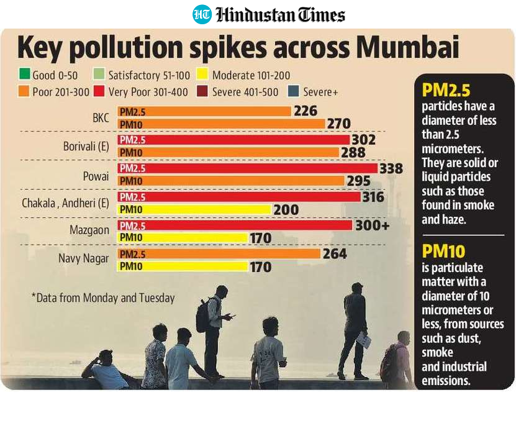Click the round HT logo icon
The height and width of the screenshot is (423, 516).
pos(202,14)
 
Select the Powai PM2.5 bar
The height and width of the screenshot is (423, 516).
pos(248,168)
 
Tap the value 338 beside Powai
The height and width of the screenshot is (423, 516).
pos(391,168)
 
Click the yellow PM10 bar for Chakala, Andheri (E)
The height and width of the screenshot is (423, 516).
pos(194,209)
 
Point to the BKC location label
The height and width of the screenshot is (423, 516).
pos(101,117)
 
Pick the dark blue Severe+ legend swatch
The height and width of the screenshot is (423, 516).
pos(294,91)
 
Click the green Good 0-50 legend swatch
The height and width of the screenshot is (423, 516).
pos(24,75)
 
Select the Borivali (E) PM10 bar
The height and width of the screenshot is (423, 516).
pos(228,152)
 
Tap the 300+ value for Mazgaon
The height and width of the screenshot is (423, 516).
pos(372,225)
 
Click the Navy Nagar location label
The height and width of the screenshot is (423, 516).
pos(84,258)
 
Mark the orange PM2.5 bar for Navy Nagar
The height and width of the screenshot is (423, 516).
pos(219,254)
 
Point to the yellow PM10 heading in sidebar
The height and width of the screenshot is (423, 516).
pos(443,251)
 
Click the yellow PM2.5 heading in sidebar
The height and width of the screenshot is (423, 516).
pos(446,90)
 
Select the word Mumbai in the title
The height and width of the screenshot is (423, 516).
pos(407,47)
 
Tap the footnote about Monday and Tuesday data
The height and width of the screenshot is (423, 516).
pos(103,298)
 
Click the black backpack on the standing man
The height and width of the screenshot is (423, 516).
pos(202,316)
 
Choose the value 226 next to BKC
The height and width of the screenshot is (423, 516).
pos(306,111)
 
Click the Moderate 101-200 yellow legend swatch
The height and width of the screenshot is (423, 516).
pos(202,75)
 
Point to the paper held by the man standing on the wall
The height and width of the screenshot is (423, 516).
pos(364,339)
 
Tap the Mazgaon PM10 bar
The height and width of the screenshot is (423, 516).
pos(183,238)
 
